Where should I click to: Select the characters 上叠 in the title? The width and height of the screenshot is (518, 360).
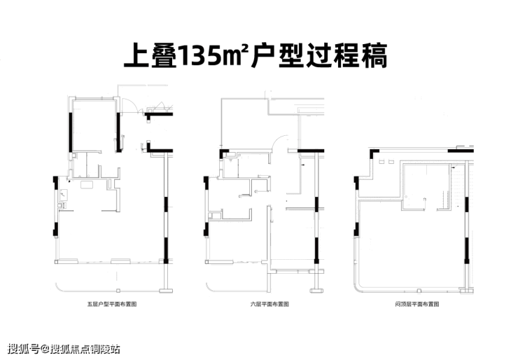point(150,55)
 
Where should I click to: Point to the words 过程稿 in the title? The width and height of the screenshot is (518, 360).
point(347,55)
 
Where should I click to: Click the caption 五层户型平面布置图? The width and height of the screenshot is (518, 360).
point(112,304)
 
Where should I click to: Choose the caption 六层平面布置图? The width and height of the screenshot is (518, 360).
point(269,304)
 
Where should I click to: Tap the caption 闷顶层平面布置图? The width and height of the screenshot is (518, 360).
point(417,304)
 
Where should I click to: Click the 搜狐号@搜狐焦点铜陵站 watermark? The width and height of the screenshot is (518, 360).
point(64,349)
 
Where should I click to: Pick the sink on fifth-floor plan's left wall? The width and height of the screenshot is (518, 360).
point(64,195)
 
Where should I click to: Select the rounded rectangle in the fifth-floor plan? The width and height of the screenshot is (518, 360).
point(87,184)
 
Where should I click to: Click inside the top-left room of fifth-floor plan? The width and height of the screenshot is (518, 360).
point(94,125)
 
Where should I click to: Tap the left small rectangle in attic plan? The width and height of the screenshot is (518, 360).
point(381,162)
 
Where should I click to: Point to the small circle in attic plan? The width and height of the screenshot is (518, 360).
point(406,197)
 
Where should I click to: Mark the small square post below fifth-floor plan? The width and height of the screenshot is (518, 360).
point(118,291)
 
